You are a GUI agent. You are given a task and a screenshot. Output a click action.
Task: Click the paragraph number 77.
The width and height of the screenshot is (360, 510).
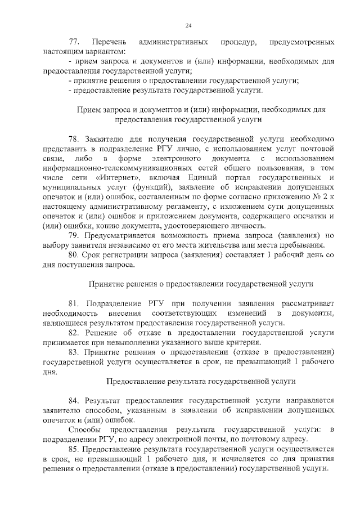pyautogui.click(x=74, y=42)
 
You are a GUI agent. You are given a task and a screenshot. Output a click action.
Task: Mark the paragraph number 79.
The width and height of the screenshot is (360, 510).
pyautogui.click(x=74, y=235)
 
